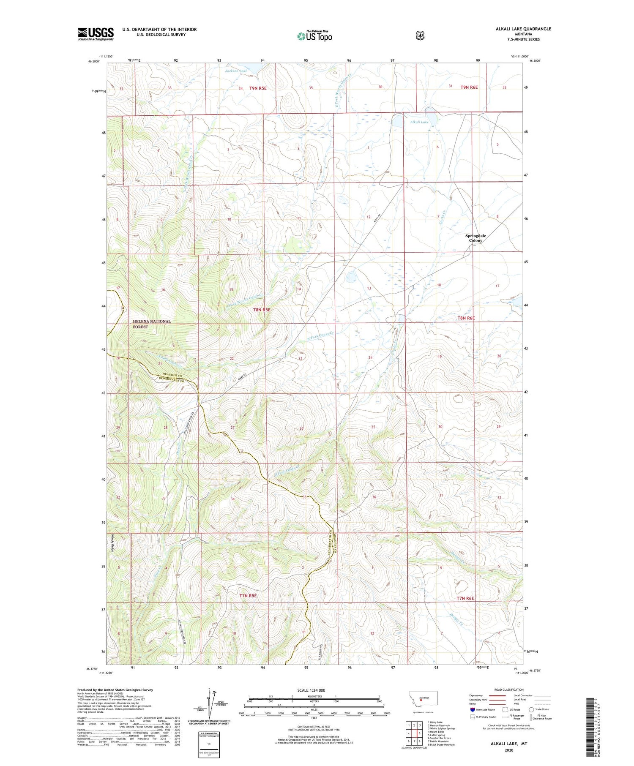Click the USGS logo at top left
click(96, 34)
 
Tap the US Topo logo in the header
click(314, 36)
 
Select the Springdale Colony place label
click(475, 238)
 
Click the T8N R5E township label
click(261, 310)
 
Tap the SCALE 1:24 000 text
click(311, 690)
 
